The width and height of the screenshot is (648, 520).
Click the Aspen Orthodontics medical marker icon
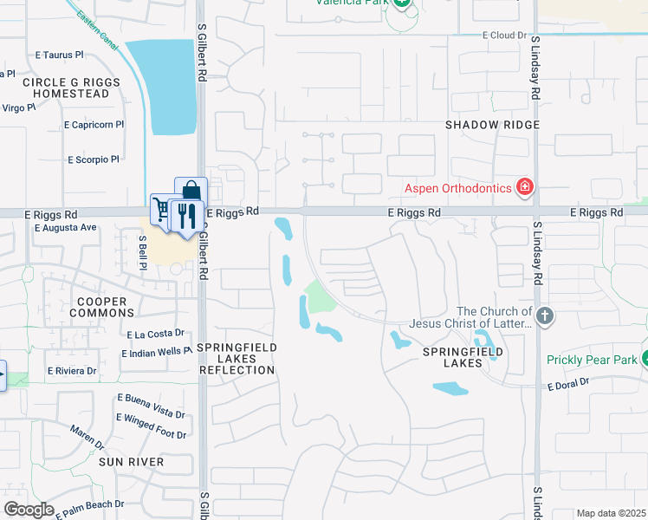[x=524, y=186]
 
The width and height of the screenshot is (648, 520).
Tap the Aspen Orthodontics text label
[x=458, y=188]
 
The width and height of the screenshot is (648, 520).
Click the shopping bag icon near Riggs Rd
[x=191, y=192]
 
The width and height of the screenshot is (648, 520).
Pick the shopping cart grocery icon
[x=162, y=208]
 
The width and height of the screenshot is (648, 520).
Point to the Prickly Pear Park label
[x=591, y=360]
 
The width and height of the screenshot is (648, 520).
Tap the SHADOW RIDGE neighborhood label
[x=492, y=125]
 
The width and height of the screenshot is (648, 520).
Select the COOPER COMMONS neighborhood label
[x=101, y=308]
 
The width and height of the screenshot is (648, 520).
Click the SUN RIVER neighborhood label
[x=131, y=462]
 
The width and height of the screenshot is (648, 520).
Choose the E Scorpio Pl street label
[x=94, y=159]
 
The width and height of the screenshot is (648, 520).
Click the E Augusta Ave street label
[x=65, y=228]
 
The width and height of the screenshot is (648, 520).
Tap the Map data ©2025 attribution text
[x=611, y=513]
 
